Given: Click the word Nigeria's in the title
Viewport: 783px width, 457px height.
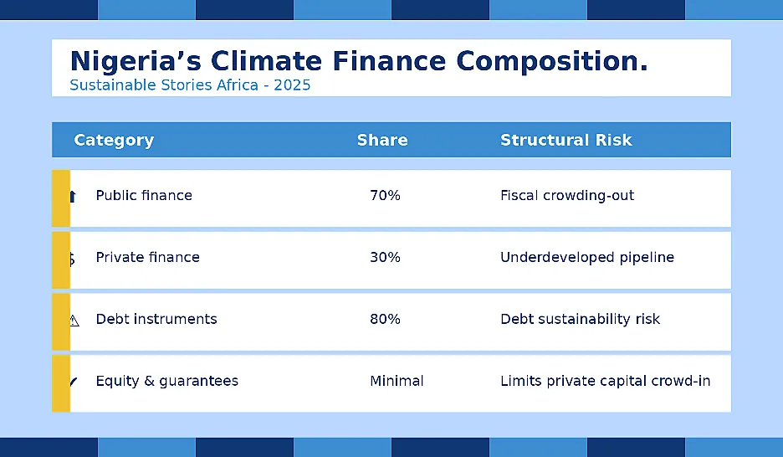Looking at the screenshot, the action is tap(136, 61).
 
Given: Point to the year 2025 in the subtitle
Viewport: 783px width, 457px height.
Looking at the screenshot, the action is tap(292, 85).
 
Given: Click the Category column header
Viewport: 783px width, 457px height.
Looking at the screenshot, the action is tap(114, 141).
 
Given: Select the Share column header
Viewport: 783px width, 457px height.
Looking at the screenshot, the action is tap(382, 140).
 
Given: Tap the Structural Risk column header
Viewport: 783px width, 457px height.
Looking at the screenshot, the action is tap(566, 140).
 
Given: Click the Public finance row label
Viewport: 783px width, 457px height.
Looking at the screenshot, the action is tap(144, 195).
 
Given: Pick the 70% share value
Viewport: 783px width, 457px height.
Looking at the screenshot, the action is tap(385, 195).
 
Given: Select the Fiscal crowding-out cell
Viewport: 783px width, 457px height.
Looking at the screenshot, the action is tap(567, 195).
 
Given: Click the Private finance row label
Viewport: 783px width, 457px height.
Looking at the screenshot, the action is tap(148, 257).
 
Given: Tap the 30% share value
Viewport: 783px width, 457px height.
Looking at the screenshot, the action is tap(385, 257).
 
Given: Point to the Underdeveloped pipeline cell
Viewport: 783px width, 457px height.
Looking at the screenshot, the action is tap(587, 257).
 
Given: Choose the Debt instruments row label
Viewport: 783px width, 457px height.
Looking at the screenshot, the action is tap(156, 319).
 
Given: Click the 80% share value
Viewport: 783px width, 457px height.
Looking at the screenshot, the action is tap(385, 319).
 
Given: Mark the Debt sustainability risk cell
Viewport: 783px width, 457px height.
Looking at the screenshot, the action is tap(581, 319).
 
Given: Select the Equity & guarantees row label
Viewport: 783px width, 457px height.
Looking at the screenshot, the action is tap(166, 381).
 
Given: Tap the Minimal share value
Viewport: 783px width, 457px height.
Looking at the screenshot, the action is tap(397, 381).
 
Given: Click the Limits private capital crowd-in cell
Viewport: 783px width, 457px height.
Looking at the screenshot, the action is tap(605, 381).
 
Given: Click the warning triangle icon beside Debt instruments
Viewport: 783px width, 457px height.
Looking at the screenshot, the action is tap(74, 321).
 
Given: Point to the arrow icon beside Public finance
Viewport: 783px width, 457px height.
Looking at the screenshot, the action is tap(73, 197).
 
